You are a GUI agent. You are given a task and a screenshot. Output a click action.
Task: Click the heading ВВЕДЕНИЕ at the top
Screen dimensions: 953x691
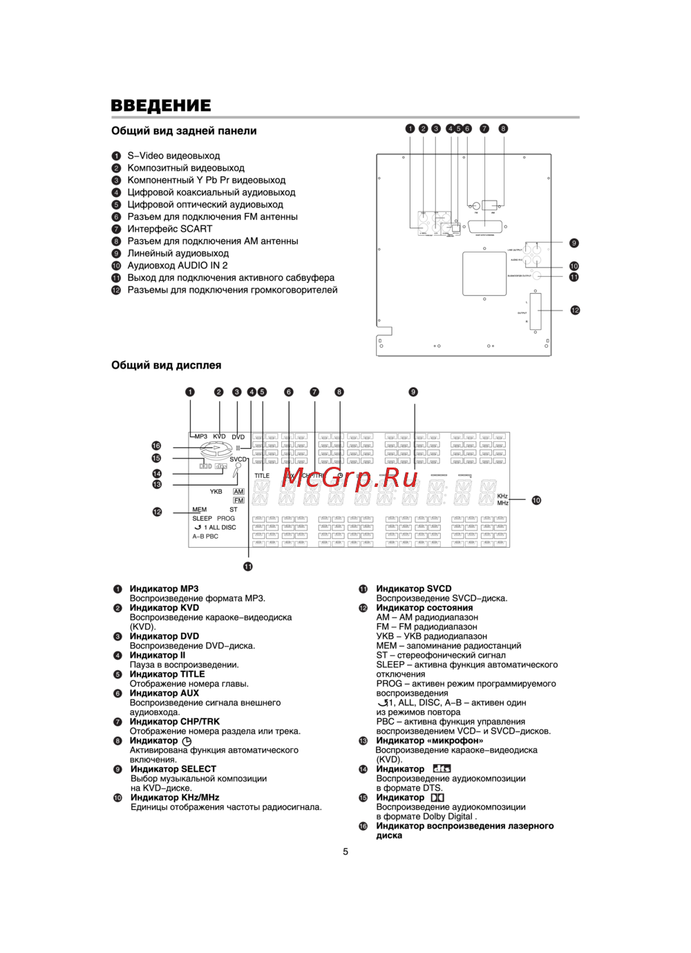(161, 106)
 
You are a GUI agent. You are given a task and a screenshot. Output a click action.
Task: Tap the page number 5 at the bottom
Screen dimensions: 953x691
(345, 851)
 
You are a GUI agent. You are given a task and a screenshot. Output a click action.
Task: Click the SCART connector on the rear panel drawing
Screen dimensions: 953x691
(493, 227)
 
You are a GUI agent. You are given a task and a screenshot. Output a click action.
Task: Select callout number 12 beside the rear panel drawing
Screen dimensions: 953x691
(575, 311)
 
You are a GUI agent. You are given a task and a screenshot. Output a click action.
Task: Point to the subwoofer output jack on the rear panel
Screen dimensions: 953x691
(537, 275)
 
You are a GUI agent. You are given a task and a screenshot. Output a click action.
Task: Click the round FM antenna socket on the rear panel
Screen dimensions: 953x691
(476, 205)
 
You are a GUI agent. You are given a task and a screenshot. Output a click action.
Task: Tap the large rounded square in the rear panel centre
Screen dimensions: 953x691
(484, 273)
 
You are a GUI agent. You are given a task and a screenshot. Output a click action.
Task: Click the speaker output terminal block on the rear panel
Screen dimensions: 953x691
(536, 312)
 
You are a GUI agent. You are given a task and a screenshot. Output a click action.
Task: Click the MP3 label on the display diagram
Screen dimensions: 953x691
(200, 437)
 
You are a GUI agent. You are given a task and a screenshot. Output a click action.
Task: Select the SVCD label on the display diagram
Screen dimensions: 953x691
(238, 459)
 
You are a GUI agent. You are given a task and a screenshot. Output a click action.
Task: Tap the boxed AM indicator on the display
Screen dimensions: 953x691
(238, 492)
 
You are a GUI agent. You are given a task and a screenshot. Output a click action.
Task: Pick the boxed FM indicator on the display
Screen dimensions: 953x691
(238, 500)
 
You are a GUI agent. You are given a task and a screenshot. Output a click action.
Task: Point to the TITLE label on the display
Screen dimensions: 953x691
(262, 476)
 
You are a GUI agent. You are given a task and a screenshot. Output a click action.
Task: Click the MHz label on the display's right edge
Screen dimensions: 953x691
(502, 503)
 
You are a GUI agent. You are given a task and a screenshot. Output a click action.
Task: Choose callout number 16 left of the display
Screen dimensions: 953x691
(157, 446)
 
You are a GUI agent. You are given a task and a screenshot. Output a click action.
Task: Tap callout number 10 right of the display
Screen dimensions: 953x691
(536, 500)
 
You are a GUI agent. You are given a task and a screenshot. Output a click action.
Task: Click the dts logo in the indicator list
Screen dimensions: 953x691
(442, 769)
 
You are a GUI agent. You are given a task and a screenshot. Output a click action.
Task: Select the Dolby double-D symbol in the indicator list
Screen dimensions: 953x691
(437, 797)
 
